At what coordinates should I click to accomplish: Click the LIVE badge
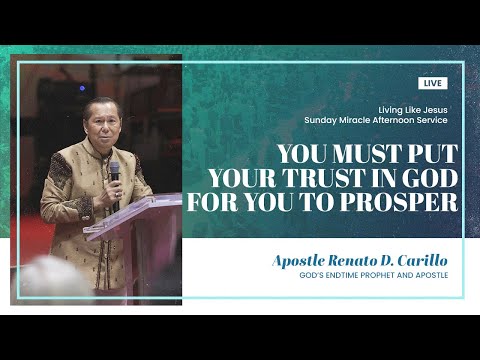tap(434, 83)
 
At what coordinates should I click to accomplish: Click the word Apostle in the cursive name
tap(301, 261)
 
